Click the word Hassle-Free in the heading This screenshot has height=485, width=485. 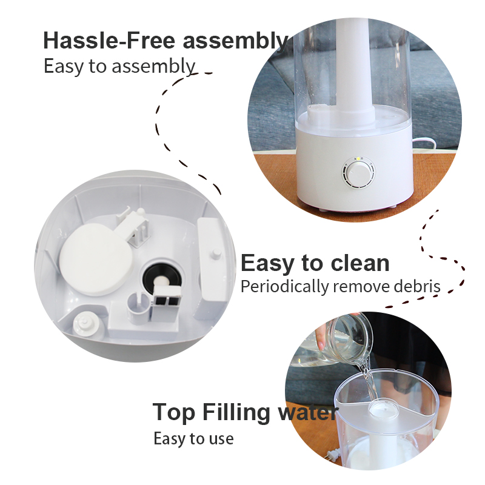[x=109, y=40]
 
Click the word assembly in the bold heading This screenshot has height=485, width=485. [x=235, y=41]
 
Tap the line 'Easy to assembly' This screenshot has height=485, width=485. [x=119, y=66]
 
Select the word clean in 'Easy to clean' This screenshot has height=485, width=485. [x=360, y=263]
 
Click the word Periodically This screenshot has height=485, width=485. [x=284, y=287]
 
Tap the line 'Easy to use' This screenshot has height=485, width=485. [x=193, y=438]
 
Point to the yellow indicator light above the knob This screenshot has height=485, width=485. [x=358, y=159]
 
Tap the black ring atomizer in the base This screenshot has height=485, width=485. [x=161, y=278]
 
